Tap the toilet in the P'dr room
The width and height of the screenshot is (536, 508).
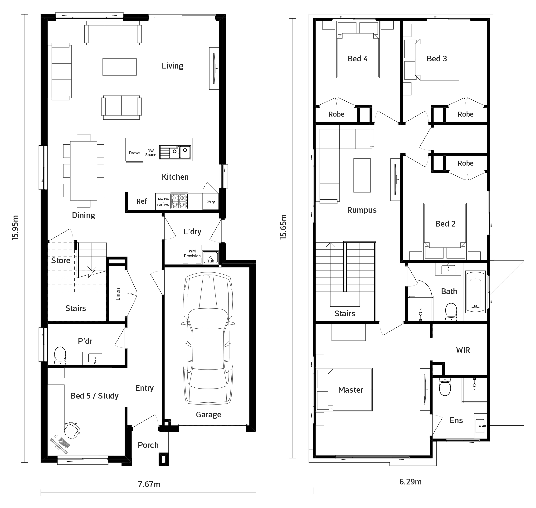60,355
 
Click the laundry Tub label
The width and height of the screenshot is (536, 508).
210,261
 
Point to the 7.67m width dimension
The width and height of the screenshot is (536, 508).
149,484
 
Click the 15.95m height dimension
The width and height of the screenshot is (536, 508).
15,228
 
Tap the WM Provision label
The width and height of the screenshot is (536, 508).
192,253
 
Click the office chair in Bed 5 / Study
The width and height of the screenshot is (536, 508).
72,429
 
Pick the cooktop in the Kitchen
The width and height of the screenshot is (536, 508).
179,201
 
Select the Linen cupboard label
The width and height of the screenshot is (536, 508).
118,294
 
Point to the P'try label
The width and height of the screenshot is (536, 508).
210,202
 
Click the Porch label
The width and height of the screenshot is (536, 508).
148,445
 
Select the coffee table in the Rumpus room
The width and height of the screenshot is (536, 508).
362,175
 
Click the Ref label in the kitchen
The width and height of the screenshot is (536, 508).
141,201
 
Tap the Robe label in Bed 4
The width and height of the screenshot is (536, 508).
336,114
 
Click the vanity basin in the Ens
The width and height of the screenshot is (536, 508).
480,426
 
